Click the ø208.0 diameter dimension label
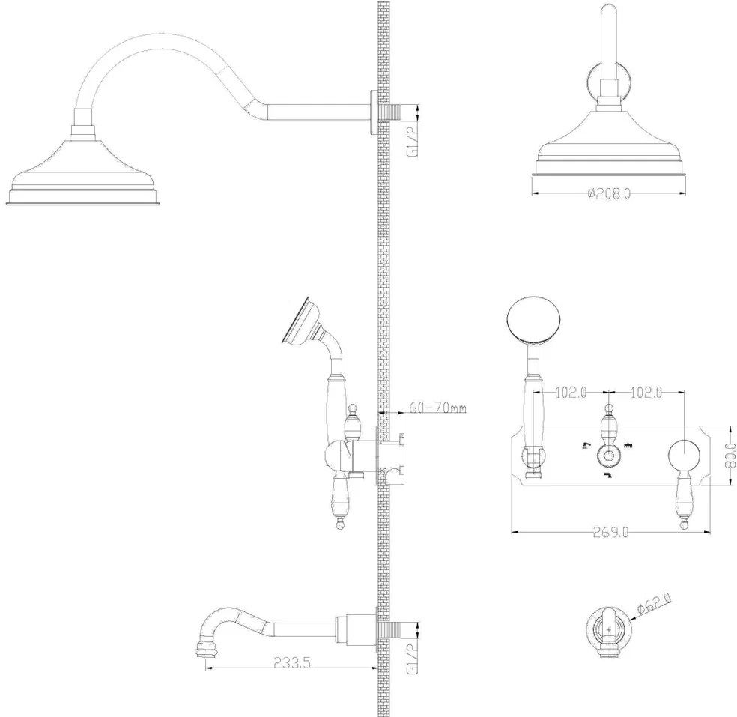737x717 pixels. (609, 193)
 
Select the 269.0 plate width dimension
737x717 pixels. (610, 532)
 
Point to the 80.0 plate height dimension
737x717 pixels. (730, 456)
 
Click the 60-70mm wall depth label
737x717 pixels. (437, 407)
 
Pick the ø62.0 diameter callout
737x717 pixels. (654, 604)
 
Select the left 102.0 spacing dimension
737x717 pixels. (571, 392)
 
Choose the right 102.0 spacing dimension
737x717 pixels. (646, 392)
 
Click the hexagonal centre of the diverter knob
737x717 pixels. (610, 455)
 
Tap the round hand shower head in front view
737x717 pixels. (533, 321)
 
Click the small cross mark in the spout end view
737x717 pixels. (609, 629)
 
